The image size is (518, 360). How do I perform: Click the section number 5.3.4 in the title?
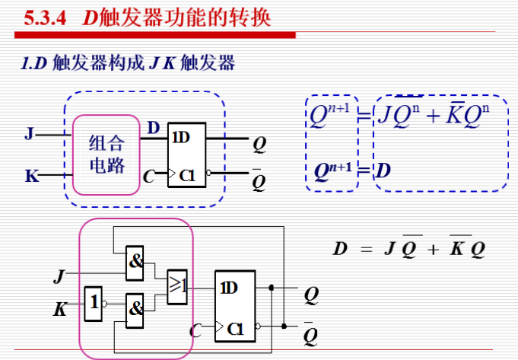pyautogui.click(x=47, y=18)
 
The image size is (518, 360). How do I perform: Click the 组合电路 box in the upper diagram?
pyautogui.click(x=106, y=154)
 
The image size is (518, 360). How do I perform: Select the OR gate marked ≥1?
pyautogui.click(x=176, y=286)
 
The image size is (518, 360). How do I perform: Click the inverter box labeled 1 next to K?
pyautogui.click(x=92, y=304)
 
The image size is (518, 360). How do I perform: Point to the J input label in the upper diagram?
pyautogui.click(x=29, y=135)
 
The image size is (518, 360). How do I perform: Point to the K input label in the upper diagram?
pyautogui.click(x=31, y=177)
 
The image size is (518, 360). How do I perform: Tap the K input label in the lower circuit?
pyautogui.click(x=59, y=309)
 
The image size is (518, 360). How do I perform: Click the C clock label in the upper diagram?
pyautogui.click(x=149, y=177)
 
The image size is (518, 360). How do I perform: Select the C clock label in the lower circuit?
pyautogui.click(x=195, y=330)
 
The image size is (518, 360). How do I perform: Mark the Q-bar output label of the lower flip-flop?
pyautogui.click(x=310, y=334)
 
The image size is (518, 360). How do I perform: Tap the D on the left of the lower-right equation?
pyautogui.click(x=340, y=248)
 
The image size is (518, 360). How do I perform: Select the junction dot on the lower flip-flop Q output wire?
pyautogui.click(x=272, y=288)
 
